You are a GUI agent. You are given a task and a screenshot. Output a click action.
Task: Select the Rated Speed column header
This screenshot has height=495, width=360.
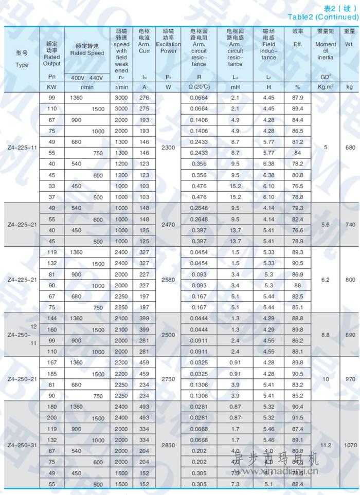87,53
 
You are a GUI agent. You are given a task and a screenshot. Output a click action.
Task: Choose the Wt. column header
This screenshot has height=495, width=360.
350,44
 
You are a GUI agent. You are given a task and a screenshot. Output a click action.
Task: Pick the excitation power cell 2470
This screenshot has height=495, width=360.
169,225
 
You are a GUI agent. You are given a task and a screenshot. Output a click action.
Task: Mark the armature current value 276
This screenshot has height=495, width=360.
145,98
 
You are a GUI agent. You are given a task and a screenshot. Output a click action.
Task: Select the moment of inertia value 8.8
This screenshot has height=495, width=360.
326,335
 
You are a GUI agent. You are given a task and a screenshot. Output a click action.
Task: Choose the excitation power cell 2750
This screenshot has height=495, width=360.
169,379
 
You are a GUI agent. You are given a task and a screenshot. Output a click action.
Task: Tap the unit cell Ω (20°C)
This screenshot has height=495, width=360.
199,87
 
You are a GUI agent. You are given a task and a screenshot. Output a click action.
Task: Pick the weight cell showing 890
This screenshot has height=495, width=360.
350,335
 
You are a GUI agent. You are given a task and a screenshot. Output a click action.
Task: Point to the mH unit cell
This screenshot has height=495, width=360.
235,87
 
